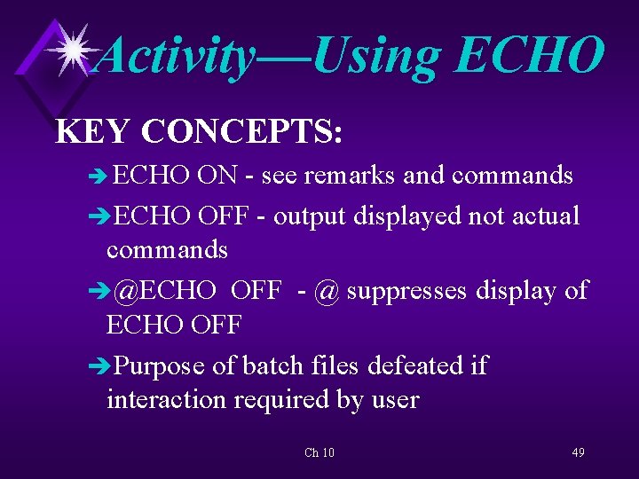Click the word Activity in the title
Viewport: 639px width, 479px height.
click(x=176, y=55)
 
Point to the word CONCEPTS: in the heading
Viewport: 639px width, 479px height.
click(x=241, y=131)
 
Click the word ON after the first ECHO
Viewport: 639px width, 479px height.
click(x=217, y=176)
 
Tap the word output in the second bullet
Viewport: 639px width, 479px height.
click(x=312, y=216)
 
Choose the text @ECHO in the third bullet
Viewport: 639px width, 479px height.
click(x=165, y=291)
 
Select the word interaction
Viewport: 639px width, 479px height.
click(x=166, y=400)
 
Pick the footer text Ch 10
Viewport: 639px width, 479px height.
click(x=319, y=453)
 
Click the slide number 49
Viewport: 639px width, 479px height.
click(x=578, y=453)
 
